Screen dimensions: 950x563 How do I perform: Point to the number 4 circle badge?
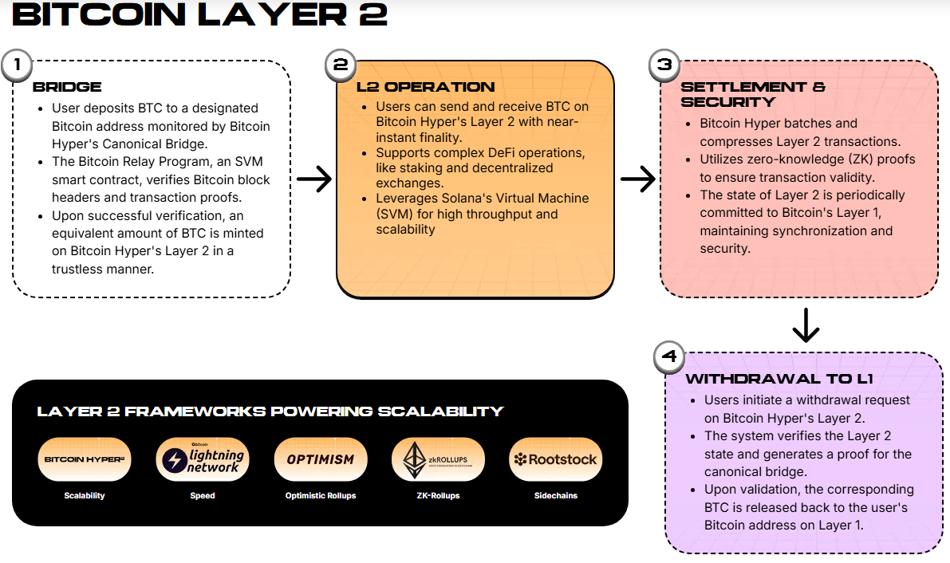[x=668, y=358]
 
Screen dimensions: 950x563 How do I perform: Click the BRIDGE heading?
[x=67, y=87]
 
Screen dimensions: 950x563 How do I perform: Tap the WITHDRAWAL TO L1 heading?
[x=779, y=379]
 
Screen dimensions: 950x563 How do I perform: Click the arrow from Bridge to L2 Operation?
[x=313, y=179]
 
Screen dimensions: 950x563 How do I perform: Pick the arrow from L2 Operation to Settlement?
[x=637, y=179]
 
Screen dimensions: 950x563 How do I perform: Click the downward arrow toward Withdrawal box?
[x=806, y=325]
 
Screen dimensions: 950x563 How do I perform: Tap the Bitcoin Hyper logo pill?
[x=85, y=459]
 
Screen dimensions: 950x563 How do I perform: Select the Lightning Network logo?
[x=203, y=459]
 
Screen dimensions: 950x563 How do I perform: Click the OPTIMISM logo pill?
[x=320, y=459]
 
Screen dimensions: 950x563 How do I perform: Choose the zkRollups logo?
[x=438, y=459]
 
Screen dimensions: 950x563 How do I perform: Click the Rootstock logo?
[x=555, y=459]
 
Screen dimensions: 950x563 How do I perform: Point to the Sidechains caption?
[x=555, y=495]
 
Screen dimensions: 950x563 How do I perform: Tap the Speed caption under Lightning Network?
[x=203, y=495]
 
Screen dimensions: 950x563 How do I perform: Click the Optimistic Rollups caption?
[x=320, y=495]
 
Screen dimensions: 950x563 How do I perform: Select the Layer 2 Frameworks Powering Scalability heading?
[x=270, y=411]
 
